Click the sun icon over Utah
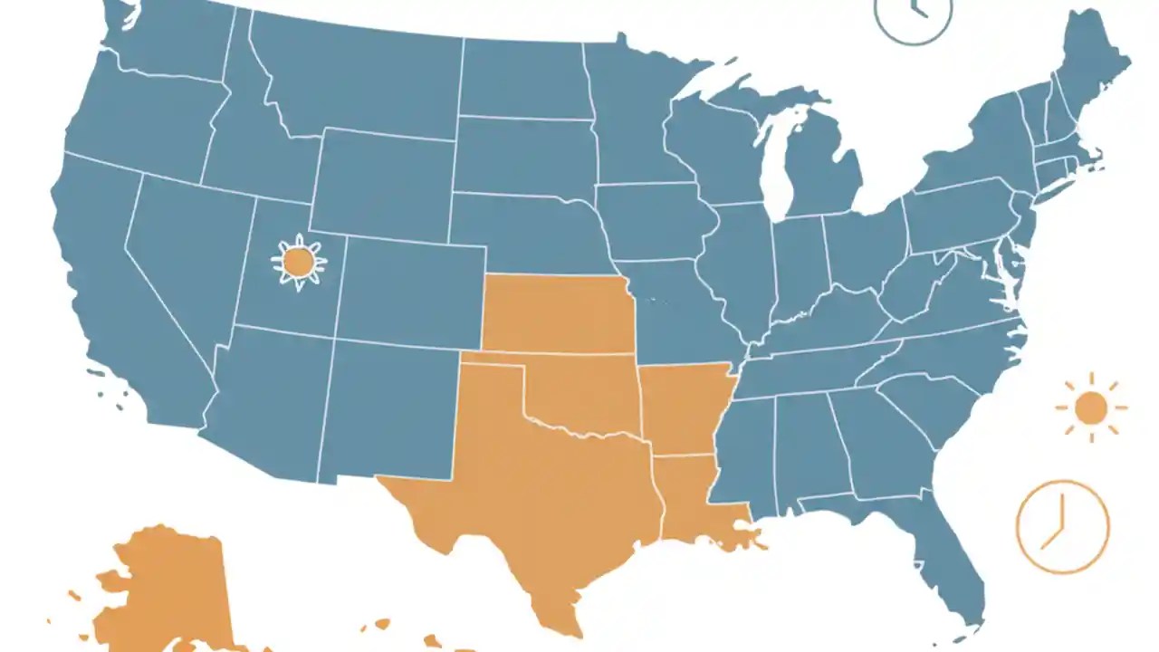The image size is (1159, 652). pyautogui.click(x=299, y=263)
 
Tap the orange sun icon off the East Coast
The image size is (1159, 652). pyautogui.click(x=1091, y=408)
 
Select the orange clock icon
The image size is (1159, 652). pyautogui.click(x=1062, y=527)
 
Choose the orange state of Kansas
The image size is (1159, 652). pyautogui.click(x=554, y=313)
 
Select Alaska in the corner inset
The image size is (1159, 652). pyautogui.click(x=168, y=589)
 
